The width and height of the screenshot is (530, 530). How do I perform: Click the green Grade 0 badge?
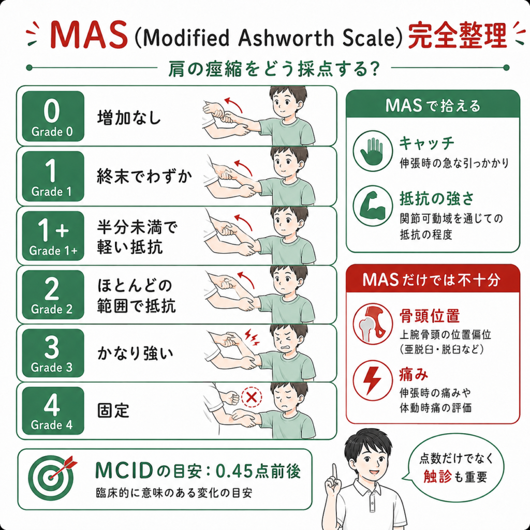pos(53,116)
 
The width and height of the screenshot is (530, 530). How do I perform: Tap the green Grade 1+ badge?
pos(53,235)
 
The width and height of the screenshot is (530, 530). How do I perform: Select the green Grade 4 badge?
pos(53,410)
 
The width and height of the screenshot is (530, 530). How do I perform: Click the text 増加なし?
pos(129,118)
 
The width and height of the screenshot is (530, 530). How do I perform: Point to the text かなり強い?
pos(135,353)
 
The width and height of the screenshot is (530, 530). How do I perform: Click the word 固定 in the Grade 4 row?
pos(113,410)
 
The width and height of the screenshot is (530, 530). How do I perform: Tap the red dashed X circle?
pos(252,396)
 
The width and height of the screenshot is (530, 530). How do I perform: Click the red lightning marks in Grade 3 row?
pos(252,337)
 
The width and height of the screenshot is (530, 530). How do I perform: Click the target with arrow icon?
pos(51,477)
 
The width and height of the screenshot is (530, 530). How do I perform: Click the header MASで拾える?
pos(433,106)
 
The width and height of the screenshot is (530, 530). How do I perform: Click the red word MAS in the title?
pos(89,35)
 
